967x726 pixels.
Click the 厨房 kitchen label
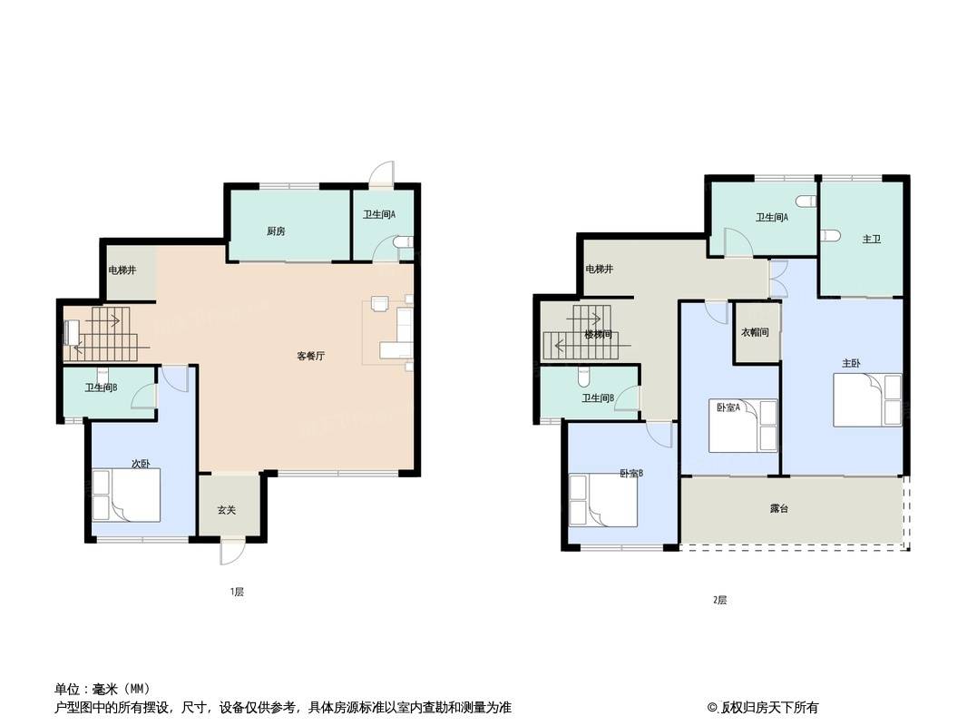[x=276, y=232]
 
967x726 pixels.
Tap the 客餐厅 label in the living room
[x=311, y=356]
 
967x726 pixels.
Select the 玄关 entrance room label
[x=227, y=510]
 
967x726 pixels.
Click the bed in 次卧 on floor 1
[x=126, y=495]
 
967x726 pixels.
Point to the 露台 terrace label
[x=779, y=509]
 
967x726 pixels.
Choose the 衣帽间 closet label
[x=755, y=332]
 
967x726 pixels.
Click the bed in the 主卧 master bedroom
[x=867, y=399]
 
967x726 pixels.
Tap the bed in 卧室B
[x=603, y=500]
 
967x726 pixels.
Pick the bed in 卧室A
[x=743, y=426]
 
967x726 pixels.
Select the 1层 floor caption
[x=238, y=593]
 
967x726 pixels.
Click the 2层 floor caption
[x=719, y=600]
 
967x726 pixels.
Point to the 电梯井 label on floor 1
[x=122, y=270]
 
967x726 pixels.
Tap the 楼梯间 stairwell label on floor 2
[x=598, y=335]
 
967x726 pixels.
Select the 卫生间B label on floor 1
[x=101, y=388]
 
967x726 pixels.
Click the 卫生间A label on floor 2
[x=772, y=217]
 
